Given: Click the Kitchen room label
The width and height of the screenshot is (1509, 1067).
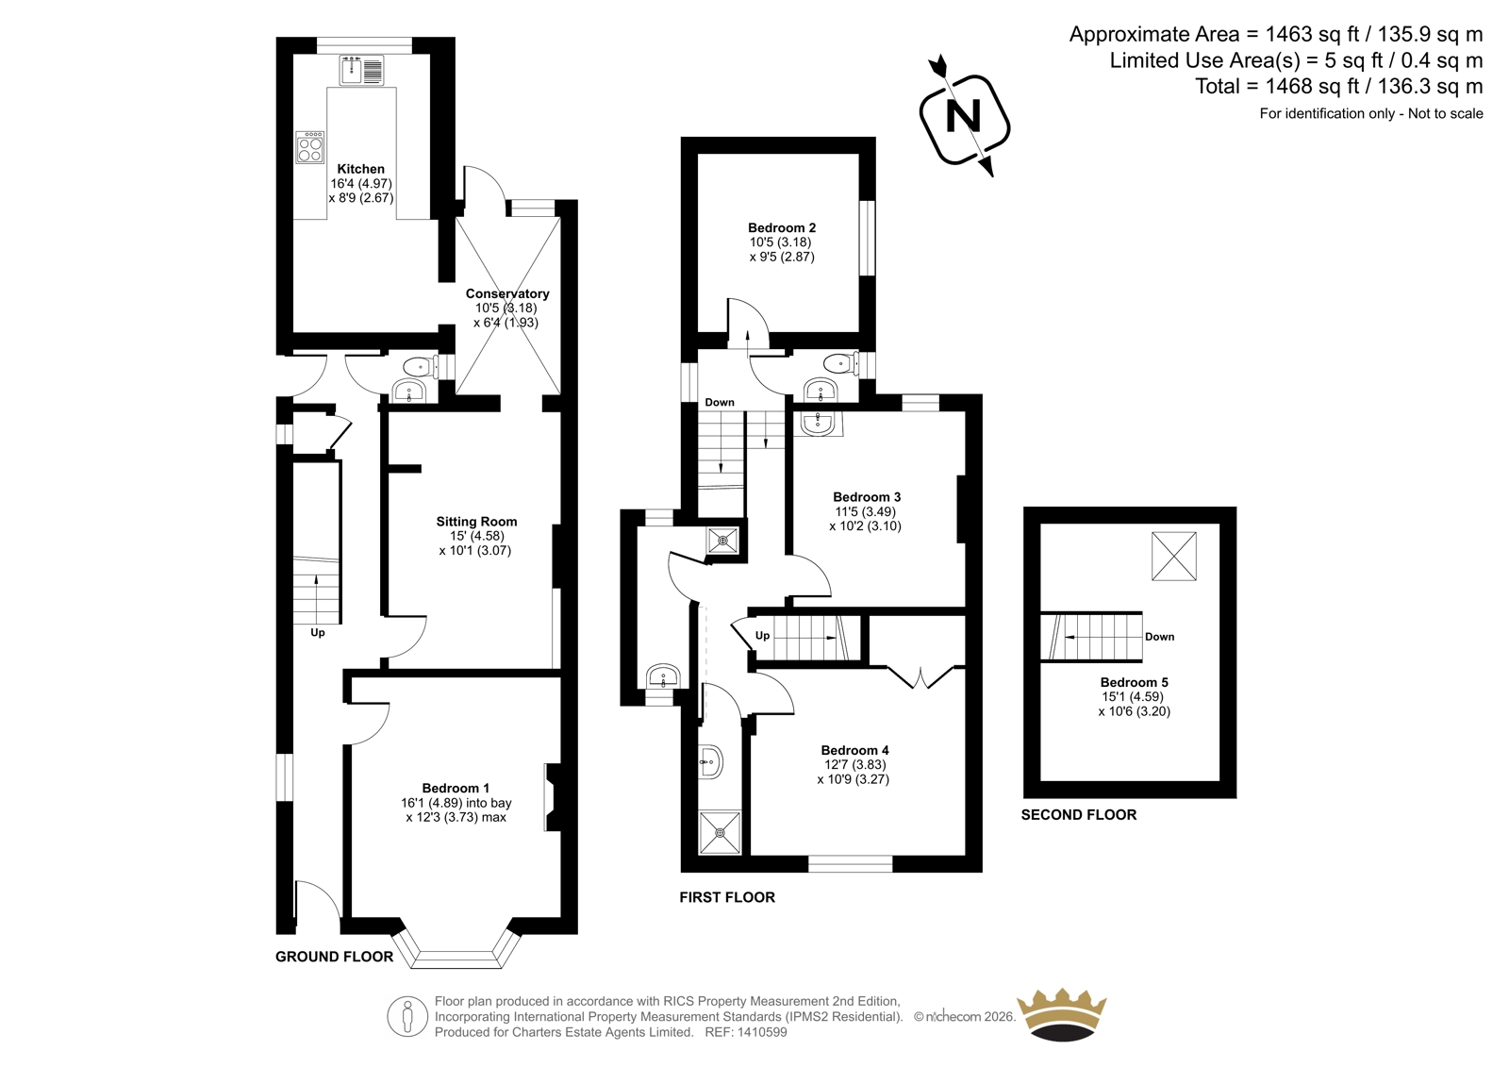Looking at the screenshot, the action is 361,169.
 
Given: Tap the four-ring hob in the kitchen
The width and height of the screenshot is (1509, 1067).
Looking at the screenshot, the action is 310,147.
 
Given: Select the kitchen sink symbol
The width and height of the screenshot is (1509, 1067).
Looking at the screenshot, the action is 362,71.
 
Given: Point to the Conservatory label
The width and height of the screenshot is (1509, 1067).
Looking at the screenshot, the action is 507,294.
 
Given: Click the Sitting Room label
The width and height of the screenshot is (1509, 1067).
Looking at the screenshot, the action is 476,522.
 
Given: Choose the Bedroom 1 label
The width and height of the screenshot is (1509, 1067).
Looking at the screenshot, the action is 456,788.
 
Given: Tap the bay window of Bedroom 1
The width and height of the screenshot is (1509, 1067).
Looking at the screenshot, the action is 456,950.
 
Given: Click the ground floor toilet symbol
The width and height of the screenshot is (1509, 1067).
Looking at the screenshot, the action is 421,367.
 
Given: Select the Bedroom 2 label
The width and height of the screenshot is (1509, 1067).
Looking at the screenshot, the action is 782,227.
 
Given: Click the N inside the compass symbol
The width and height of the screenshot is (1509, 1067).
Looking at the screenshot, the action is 963,117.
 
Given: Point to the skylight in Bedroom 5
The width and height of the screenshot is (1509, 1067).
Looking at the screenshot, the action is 1174,556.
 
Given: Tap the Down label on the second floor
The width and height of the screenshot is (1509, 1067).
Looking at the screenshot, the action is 1159,637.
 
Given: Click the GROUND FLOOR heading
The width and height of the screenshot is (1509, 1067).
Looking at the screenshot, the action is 334,957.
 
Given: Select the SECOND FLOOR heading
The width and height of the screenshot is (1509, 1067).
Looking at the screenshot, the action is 1079,815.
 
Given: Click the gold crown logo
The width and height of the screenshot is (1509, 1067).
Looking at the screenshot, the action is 1061,1015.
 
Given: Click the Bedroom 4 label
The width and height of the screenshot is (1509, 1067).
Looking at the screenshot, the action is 854,750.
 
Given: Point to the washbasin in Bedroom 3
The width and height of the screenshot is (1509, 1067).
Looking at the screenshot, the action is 819,424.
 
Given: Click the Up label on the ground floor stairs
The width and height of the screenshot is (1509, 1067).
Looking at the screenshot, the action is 317,633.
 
